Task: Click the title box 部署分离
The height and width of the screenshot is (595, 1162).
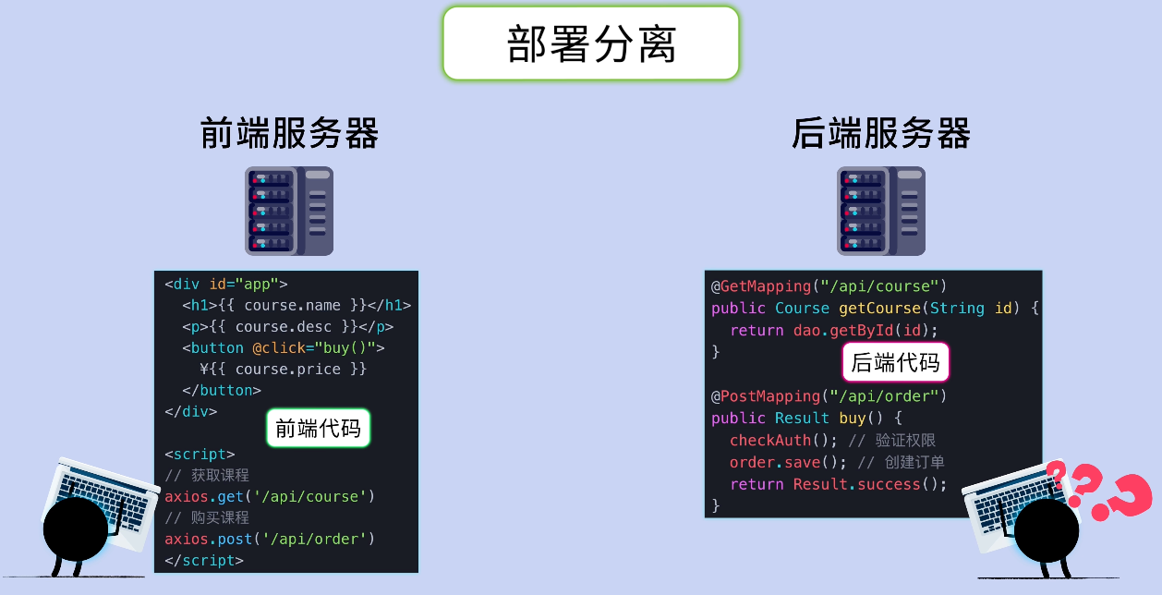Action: click(x=591, y=43)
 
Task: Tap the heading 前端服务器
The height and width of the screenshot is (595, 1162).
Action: click(x=289, y=134)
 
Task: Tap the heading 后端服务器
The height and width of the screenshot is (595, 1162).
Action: click(x=881, y=134)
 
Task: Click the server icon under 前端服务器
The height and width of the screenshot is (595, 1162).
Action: click(x=289, y=211)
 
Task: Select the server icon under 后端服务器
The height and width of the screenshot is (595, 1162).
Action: click(x=881, y=211)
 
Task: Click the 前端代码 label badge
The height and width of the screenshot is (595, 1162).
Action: click(x=319, y=429)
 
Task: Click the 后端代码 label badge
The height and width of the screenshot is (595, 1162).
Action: click(x=895, y=362)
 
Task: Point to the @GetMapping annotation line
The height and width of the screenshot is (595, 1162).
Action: click(x=829, y=286)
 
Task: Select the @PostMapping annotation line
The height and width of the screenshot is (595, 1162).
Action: click(x=829, y=396)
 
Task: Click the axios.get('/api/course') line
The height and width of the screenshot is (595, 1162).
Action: click(x=270, y=497)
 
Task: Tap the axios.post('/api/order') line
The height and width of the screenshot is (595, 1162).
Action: click(x=270, y=540)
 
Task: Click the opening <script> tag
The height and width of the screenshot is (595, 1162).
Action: click(x=200, y=455)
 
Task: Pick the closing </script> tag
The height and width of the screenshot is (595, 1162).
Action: click(x=204, y=561)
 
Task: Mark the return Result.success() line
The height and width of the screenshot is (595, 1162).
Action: click(x=838, y=485)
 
